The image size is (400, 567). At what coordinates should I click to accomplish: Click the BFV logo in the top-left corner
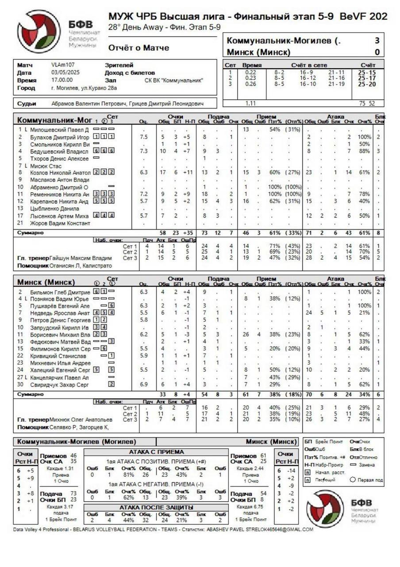pyautogui.click(x=39, y=31)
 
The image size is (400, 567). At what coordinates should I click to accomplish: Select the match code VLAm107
pyautogui.click(x=63, y=65)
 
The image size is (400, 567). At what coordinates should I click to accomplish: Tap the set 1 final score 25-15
pyautogui.click(x=367, y=72)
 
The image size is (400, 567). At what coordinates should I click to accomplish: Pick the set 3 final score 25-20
pyautogui.click(x=367, y=84)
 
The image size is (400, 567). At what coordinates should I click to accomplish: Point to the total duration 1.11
pyautogui.click(x=251, y=103)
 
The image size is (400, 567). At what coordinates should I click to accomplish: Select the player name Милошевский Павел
pyautogui.click(x=59, y=130)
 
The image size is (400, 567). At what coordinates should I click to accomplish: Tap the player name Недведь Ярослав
pyautogui.click(x=60, y=313)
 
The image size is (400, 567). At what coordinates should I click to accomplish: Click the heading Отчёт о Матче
pyautogui.click(x=138, y=48)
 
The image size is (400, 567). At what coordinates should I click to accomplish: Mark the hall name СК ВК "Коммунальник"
pyautogui.click(x=174, y=81)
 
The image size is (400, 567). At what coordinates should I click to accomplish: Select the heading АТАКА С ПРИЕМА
pyautogui.click(x=157, y=452)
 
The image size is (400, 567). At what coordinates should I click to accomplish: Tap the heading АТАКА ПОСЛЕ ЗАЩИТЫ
pyautogui.click(x=156, y=507)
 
